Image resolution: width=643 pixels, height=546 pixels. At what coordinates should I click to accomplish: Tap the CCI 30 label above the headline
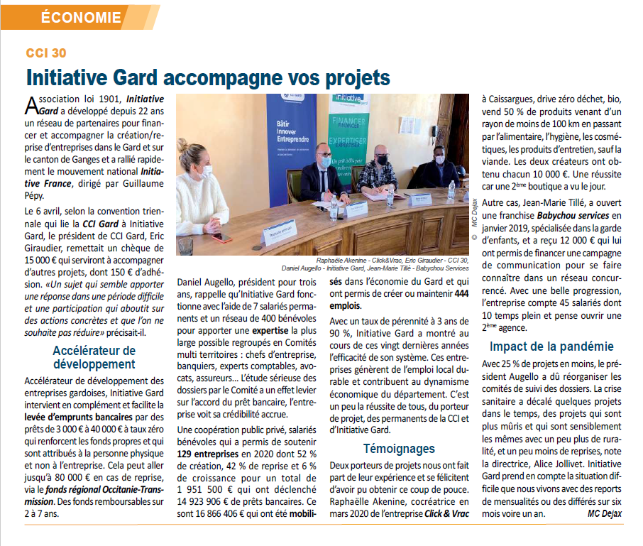pos(47,53)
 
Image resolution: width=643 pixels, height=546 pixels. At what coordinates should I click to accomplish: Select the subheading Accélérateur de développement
pos(94,357)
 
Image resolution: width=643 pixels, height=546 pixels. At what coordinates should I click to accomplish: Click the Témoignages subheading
pos(399,448)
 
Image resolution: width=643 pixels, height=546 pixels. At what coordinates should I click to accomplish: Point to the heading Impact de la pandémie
pos(551,346)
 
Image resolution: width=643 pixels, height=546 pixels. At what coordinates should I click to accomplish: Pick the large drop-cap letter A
pos(31,105)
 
